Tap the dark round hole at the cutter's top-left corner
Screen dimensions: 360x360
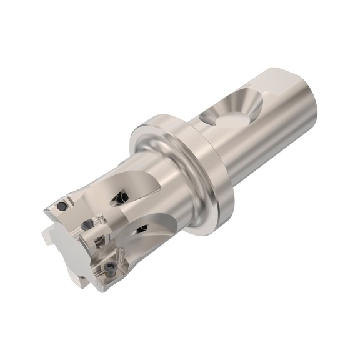click(62, 205)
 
